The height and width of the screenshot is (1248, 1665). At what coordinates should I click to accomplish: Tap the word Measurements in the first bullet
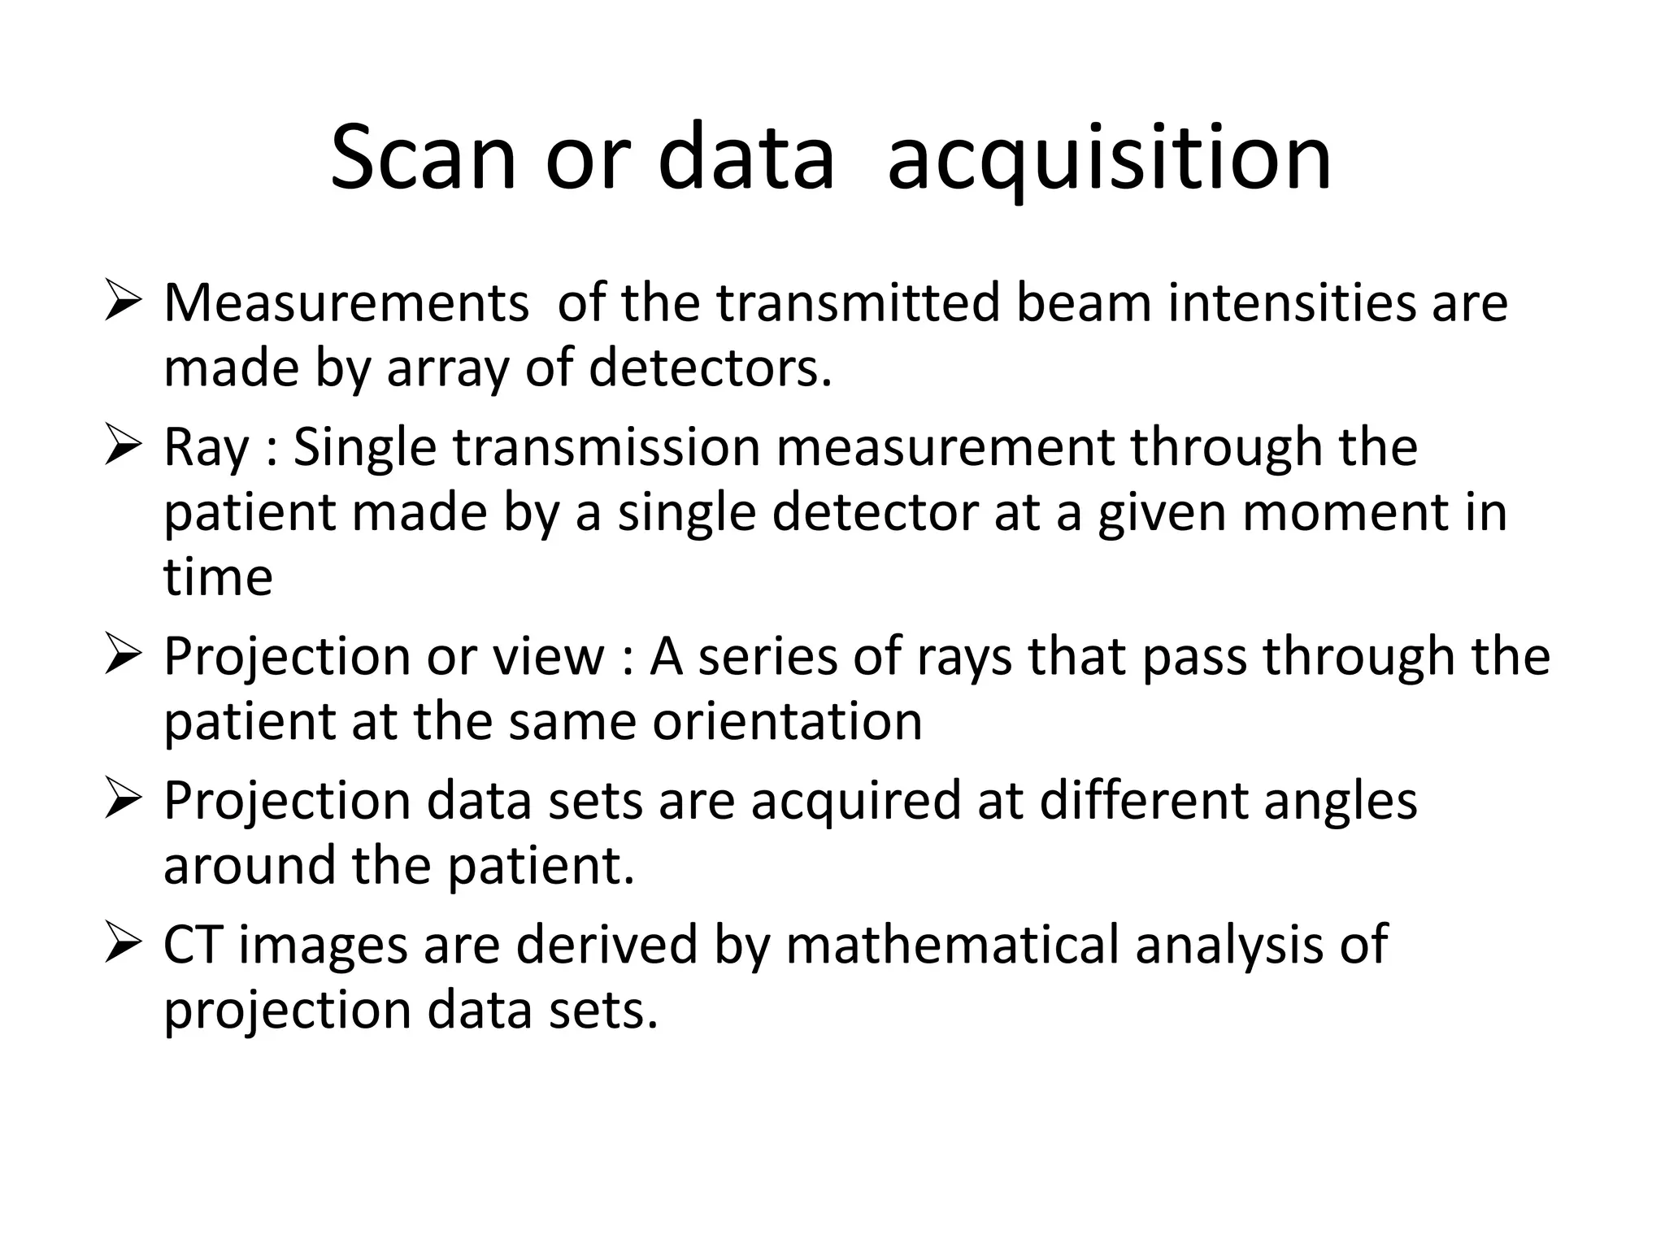click(346, 303)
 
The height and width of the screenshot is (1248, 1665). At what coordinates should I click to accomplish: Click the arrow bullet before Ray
click(123, 448)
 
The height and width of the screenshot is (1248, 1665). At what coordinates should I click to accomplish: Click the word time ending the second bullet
click(218, 578)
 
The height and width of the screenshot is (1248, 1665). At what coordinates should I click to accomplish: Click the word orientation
click(787, 722)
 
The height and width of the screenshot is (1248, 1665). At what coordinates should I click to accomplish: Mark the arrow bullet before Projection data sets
click(123, 801)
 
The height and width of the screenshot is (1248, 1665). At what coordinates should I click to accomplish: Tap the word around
click(250, 866)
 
